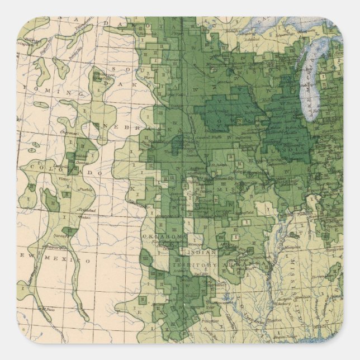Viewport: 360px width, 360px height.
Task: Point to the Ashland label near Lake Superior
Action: [249, 24]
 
